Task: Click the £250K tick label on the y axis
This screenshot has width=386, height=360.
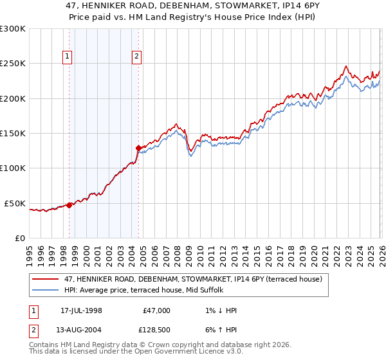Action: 13,64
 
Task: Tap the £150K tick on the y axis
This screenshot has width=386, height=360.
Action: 13,134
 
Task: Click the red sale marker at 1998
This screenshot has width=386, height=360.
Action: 69,205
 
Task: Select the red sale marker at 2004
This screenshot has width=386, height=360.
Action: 138,148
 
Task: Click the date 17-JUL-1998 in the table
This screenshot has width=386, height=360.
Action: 81,310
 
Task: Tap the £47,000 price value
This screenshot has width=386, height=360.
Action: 156,310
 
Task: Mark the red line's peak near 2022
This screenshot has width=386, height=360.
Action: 346,66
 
